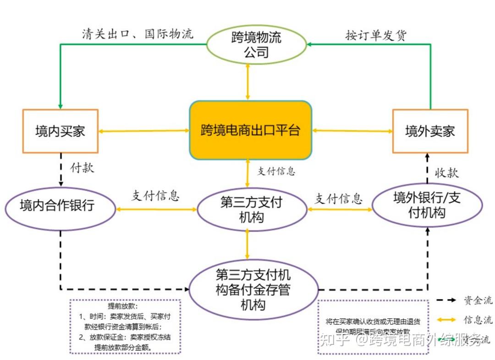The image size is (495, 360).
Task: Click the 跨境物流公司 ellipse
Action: tap(256, 44)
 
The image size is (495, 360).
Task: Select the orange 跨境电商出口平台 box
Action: tap(250, 131)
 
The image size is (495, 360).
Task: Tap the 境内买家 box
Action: tap(60, 131)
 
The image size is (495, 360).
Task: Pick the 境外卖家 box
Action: tap(430, 131)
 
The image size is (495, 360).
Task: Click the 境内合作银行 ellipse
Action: tap(60, 208)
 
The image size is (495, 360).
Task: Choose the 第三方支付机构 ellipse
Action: tap(252, 209)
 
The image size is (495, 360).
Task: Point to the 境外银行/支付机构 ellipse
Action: tap(427, 205)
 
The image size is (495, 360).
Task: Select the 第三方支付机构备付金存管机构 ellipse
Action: tap(253, 289)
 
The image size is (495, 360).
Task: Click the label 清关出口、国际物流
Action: tap(137, 34)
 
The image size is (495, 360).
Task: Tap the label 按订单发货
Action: tap(375, 36)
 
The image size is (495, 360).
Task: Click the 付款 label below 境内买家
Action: tap(82, 168)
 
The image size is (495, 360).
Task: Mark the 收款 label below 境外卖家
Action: tap(446, 172)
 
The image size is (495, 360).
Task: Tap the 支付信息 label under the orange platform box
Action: tap(276, 171)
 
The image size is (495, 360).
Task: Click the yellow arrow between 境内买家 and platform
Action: tap(144, 131)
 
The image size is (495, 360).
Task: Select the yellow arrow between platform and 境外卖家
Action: tap(352, 131)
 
